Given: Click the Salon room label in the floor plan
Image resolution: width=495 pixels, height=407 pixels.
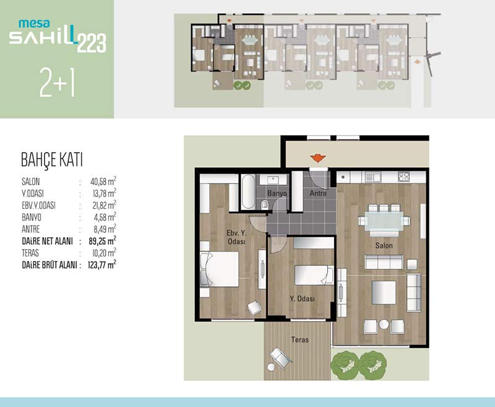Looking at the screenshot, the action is point(384,245).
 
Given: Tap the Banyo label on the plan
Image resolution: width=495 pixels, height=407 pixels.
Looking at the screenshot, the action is point(277,193).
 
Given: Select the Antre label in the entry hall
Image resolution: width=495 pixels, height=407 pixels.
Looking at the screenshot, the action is point(318,193).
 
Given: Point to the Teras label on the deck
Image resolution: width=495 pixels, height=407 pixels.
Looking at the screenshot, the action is point(300,339).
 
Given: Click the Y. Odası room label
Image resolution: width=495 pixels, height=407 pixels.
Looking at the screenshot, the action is point(302,299).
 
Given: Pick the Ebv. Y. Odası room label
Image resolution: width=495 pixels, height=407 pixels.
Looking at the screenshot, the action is point(236,237).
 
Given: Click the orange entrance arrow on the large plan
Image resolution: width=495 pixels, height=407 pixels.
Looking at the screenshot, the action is point(318,158).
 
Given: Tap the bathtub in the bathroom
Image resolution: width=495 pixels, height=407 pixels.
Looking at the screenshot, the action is point(248,192).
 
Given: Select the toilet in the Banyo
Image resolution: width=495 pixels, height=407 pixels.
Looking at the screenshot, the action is point(265,205).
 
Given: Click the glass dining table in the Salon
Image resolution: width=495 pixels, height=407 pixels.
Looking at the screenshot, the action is point(384,220).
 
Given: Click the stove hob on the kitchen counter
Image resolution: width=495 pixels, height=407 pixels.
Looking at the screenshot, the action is point(403,177).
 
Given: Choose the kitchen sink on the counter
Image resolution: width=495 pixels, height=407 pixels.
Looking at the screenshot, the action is point(373,177).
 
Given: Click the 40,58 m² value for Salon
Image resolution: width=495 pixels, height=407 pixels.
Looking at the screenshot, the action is point(103,182).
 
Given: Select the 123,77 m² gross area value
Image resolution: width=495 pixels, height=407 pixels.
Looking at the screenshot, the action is point(102,265).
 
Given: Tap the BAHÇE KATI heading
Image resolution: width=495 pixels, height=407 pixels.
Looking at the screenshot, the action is point(52,160).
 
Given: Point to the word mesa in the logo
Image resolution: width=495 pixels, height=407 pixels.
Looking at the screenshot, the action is point(34,23).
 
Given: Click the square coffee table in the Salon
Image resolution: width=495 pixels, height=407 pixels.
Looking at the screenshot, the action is point(384,292).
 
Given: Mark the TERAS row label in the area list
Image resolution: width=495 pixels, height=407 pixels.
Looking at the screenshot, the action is point(30,253).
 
